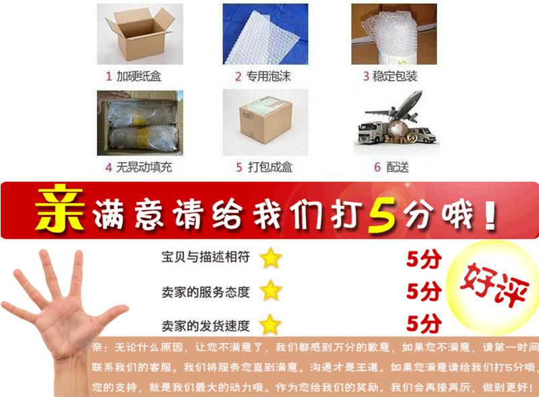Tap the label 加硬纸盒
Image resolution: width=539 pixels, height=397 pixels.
tap(138, 76)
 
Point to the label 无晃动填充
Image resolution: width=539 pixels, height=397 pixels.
tap(143, 167)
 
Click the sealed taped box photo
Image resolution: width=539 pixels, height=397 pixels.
tap(264, 122)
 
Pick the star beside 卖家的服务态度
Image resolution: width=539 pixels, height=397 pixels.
tap(271, 291)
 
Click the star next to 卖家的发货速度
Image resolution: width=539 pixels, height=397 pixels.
tap(271, 324)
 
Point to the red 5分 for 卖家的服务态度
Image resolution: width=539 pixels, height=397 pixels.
tap(424, 291)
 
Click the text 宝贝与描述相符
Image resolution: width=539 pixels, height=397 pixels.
tap(205, 257)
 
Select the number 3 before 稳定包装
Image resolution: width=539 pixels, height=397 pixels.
tap(367, 76)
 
